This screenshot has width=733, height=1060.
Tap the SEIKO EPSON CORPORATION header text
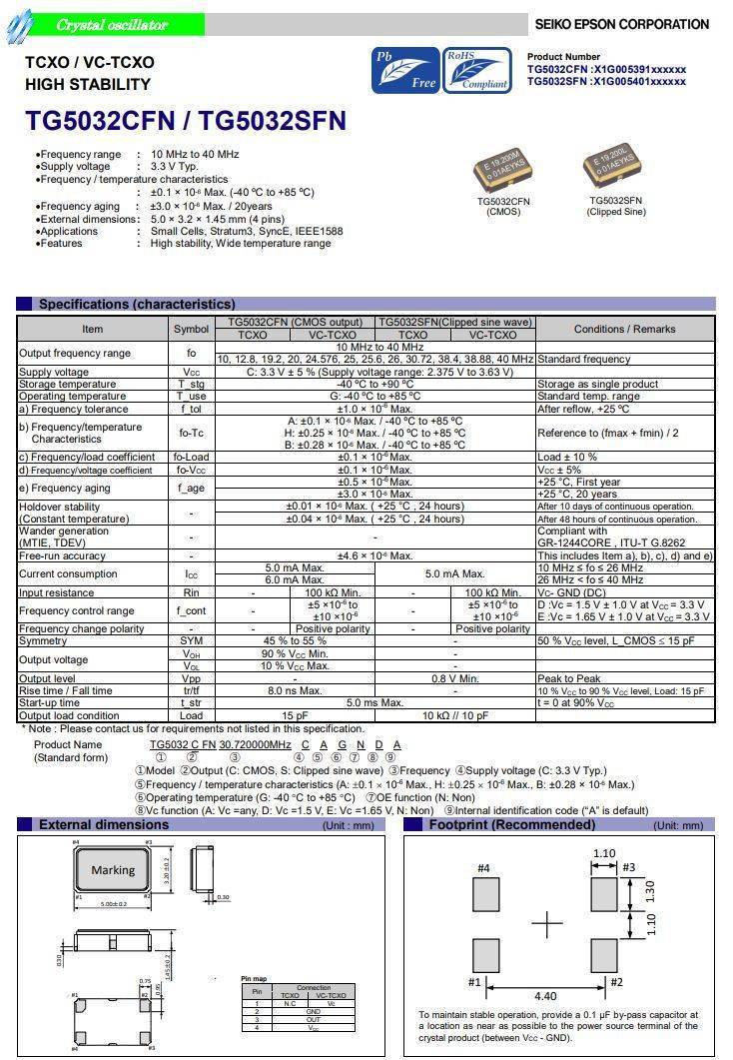(621, 24)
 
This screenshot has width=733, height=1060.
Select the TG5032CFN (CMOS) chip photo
(503, 171)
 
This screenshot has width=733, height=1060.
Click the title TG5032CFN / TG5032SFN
(186, 121)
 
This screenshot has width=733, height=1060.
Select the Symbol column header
(191, 329)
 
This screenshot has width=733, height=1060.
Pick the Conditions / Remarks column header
(625, 329)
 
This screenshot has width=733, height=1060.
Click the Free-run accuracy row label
(62, 555)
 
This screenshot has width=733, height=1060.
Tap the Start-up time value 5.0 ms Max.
(375, 702)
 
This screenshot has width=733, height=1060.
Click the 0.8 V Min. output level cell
(454, 678)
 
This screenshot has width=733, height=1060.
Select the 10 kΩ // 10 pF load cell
(454, 715)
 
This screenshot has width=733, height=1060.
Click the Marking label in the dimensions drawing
(113, 870)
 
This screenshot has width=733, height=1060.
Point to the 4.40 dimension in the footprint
(546, 995)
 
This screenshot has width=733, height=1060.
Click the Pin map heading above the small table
(253, 978)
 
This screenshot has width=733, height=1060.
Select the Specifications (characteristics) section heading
(137, 304)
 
